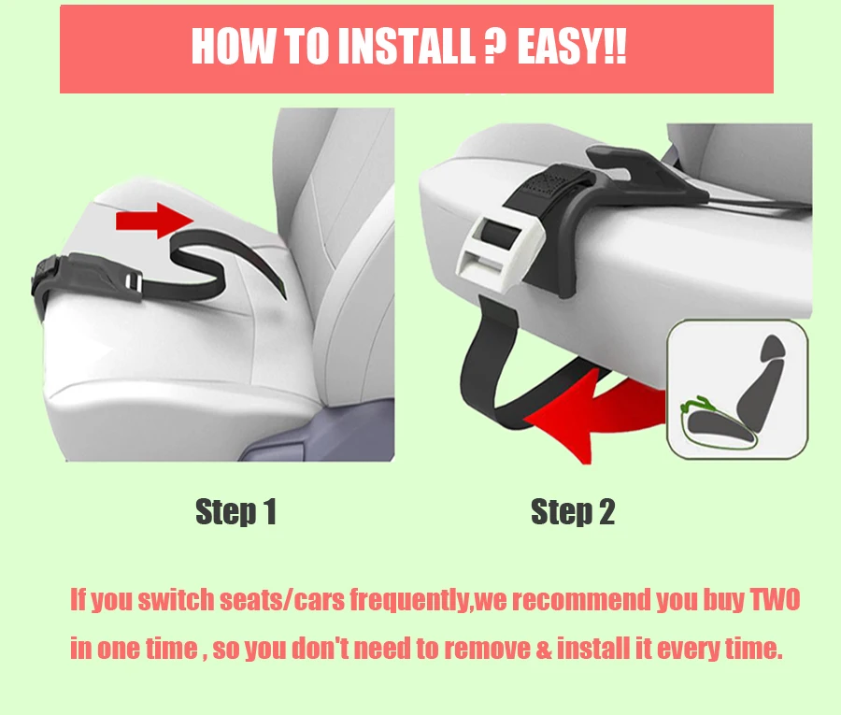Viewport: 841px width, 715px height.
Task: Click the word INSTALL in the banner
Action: tap(406, 47)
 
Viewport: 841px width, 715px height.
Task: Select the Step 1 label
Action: tap(236, 511)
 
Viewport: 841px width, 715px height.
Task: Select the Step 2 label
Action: tap(572, 511)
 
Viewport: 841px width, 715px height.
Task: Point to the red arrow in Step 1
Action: tap(154, 221)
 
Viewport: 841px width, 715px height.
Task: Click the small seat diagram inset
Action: tap(737, 389)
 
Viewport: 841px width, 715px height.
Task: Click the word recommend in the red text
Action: tap(581, 600)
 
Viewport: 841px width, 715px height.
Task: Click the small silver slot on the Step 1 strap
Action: tap(134, 282)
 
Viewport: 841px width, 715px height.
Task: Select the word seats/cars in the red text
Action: tap(282, 600)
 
